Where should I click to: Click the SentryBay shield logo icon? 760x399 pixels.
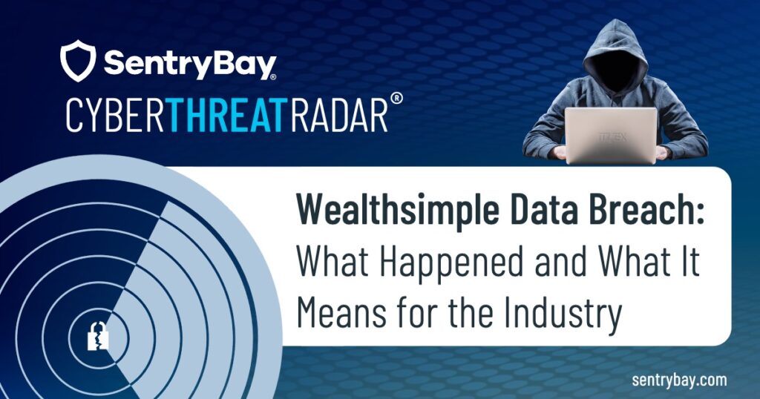tap(79, 61)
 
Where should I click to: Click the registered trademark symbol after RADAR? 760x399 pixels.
tap(397, 105)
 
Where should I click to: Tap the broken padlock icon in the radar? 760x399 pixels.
tap(98, 337)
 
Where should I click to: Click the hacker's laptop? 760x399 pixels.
tap(611, 134)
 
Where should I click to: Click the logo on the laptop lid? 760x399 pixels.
tap(611, 138)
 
